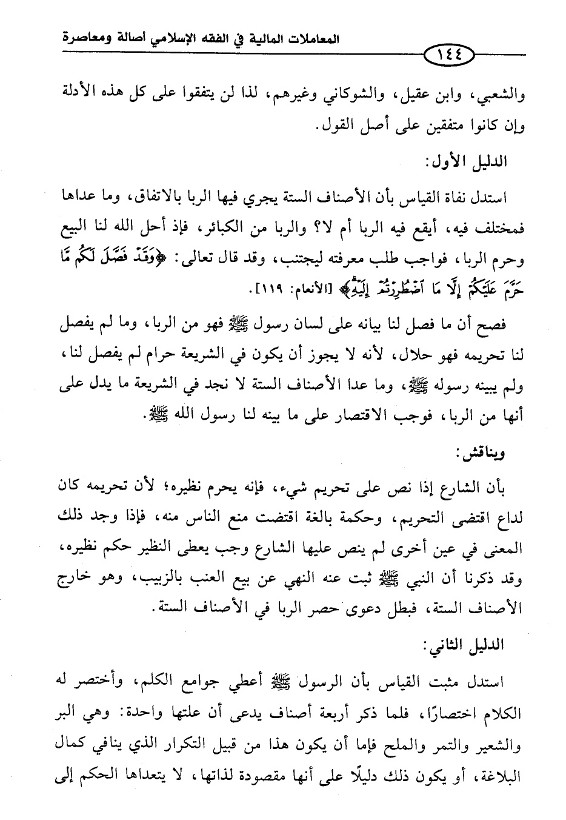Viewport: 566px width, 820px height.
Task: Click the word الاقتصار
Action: (360, 418)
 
